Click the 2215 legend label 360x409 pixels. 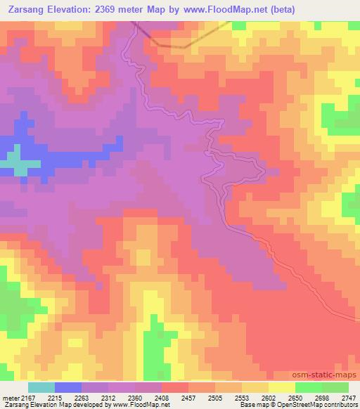click(x=65, y=398)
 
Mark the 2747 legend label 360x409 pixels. click(x=349, y=398)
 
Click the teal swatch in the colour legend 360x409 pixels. click(x=41, y=387)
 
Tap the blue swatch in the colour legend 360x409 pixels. click(x=67, y=387)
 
